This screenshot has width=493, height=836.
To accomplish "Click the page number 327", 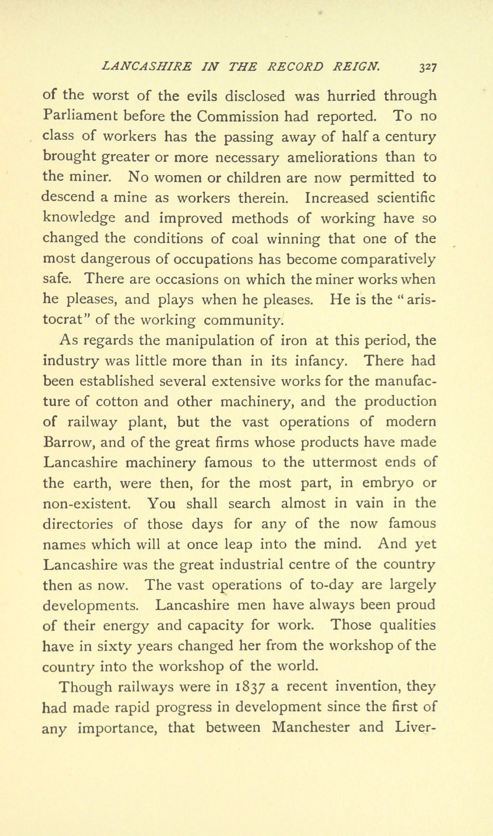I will (428, 67).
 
